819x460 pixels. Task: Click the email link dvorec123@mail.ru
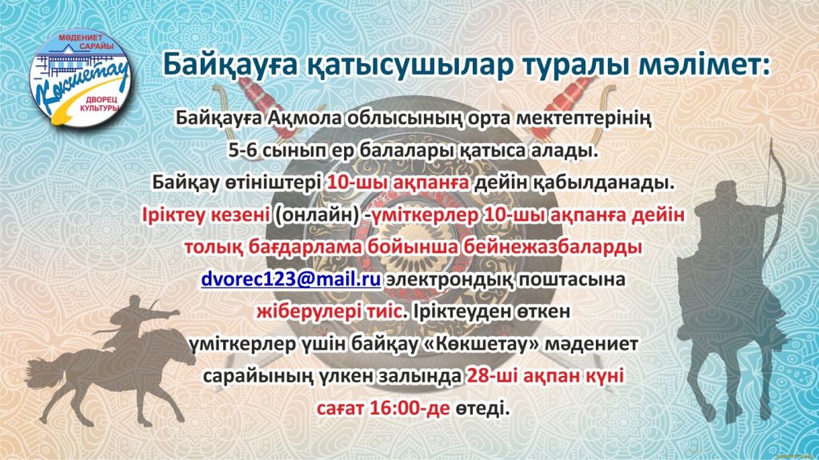coord(291,279)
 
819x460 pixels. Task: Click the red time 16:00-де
coord(409,407)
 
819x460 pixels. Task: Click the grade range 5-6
coord(243,150)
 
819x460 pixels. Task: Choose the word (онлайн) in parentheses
coord(317,215)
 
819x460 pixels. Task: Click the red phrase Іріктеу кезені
coord(206,215)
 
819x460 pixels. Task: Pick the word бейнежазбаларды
coord(553,247)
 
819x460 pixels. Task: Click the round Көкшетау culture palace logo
coord(79,79)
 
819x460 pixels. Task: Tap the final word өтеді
coord(481,407)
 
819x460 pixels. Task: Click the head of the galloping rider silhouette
coord(134,302)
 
